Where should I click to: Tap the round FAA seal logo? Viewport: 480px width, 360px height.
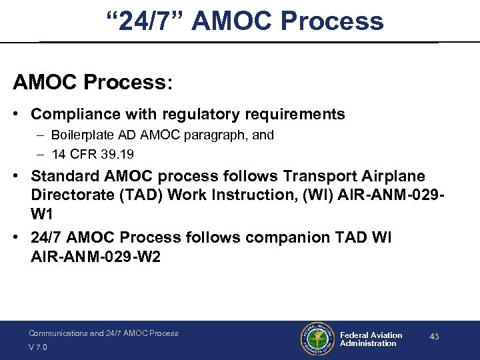(317, 340)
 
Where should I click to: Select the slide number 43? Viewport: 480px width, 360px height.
(434, 337)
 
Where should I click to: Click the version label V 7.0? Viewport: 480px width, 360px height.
(38, 347)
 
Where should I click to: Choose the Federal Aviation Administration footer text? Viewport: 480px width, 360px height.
(371, 339)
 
